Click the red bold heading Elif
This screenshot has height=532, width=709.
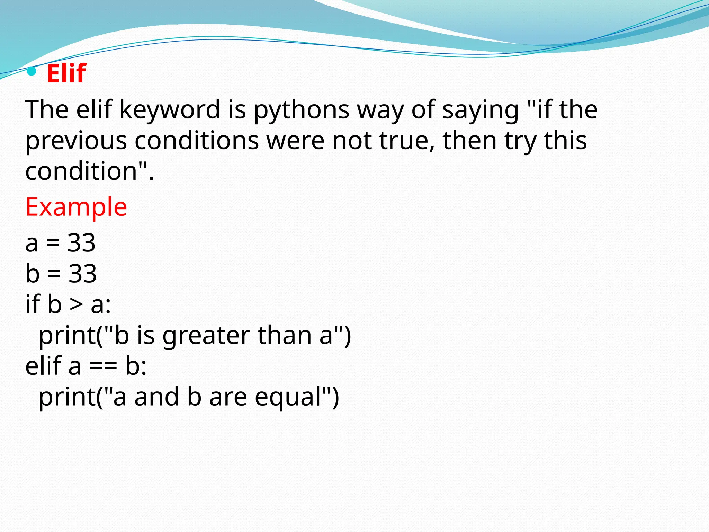(x=66, y=73)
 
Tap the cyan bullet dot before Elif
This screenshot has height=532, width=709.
(x=32, y=71)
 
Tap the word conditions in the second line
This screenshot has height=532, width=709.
(x=197, y=141)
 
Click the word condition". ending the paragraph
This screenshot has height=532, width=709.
(x=89, y=171)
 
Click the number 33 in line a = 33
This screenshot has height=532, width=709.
(x=81, y=243)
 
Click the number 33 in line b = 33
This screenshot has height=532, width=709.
(x=82, y=274)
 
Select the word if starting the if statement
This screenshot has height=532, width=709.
(x=33, y=304)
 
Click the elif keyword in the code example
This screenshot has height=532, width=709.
(x=43, y=366)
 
